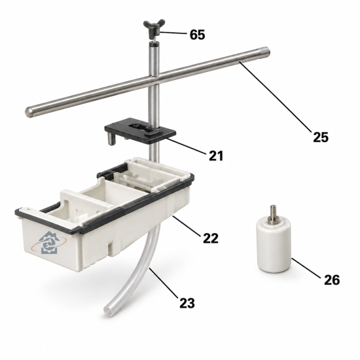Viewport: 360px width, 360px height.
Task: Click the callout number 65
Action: tap(197, 35)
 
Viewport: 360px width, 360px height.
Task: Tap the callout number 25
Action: tap(321, 137)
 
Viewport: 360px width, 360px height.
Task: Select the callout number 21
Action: tap(216, 156)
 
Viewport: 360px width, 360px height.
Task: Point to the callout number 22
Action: tap(211, 238)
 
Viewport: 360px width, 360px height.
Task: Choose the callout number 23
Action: tap(187, 303)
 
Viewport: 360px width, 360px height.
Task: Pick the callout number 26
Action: tap(332, 280)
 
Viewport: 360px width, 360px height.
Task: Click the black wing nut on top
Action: tap(154, 28)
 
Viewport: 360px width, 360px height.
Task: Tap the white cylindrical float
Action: tap(274, 245)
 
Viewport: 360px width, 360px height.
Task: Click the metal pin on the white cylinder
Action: tap(273, 213)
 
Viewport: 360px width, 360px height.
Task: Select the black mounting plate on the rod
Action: tap(140, 130)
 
